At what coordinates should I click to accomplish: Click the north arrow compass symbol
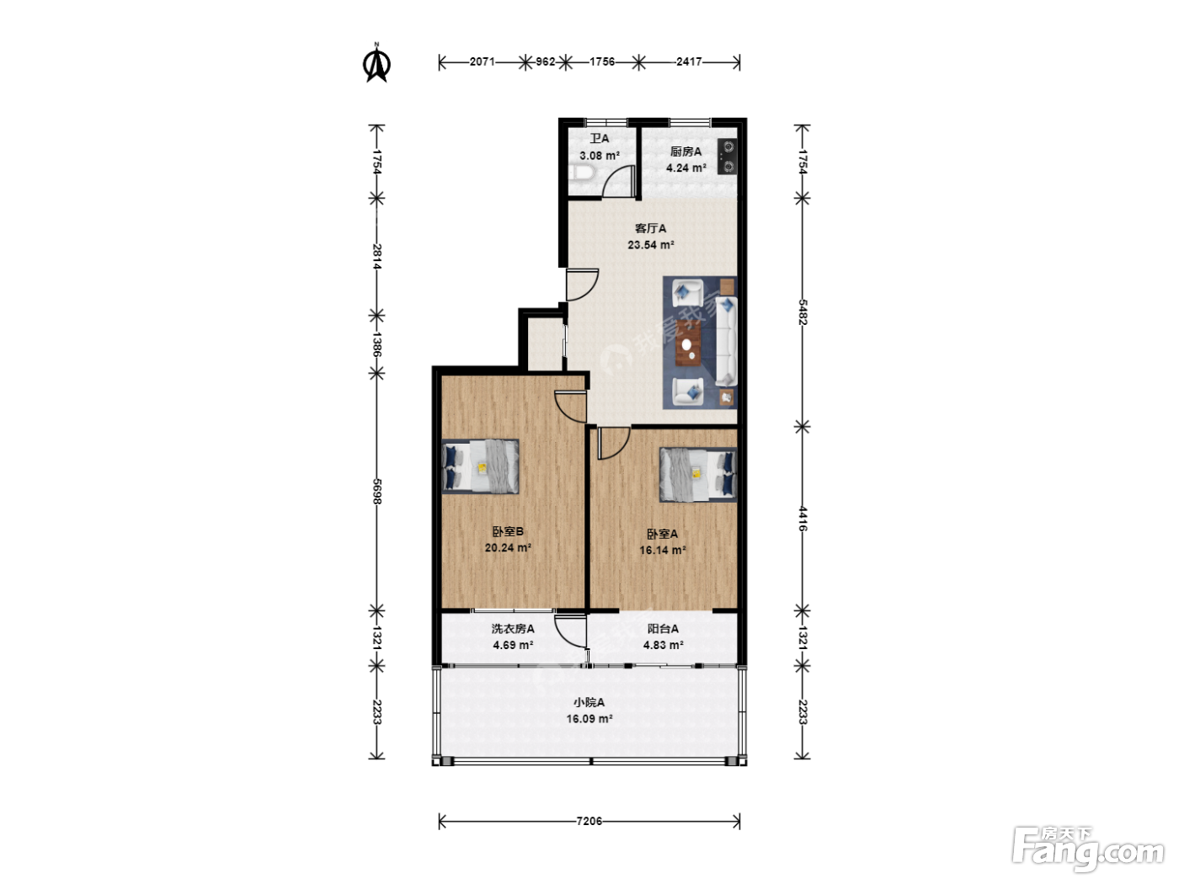376,63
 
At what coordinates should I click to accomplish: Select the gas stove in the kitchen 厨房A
728,157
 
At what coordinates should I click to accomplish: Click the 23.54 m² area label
650,245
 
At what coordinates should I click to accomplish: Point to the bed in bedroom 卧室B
480,466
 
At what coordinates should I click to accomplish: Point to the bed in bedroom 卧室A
698,475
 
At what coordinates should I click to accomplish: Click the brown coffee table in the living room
688,343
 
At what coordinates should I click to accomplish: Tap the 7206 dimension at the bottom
589,821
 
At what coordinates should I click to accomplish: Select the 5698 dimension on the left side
376,491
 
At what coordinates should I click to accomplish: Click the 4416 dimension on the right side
802,519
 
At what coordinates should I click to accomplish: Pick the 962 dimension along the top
545,61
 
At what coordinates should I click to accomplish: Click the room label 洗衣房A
512,629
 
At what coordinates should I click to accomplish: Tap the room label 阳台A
663,629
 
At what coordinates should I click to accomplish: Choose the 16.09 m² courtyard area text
589,719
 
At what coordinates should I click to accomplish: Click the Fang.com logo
1088,849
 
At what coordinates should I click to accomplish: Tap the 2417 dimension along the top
689,61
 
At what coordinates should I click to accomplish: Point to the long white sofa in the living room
726,341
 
